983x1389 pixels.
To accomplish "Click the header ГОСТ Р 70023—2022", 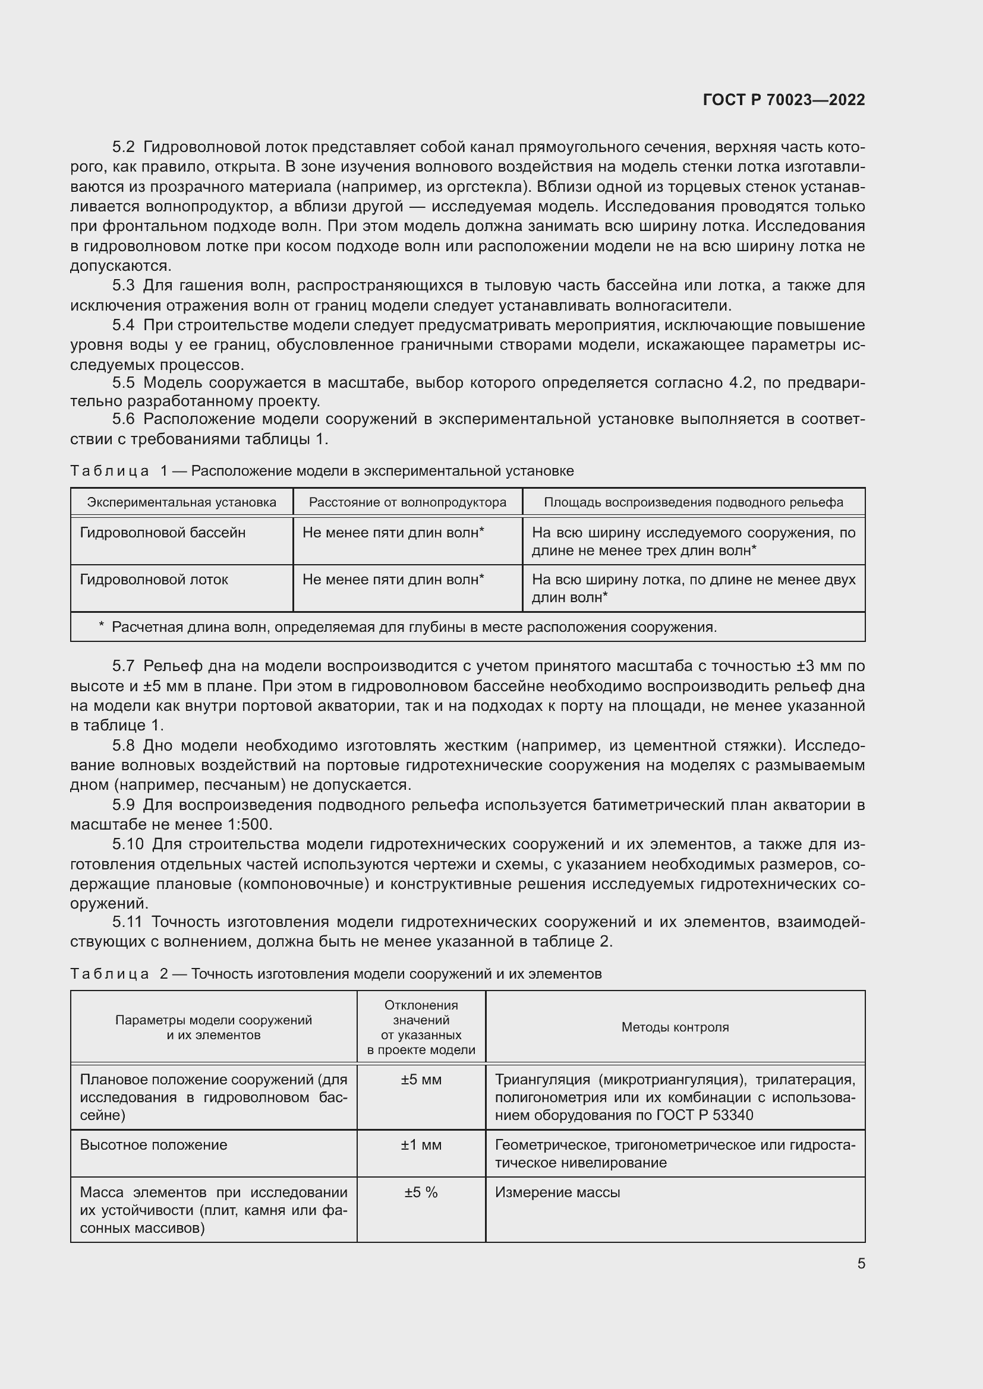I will [784, 100].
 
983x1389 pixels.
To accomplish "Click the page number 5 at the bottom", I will [861, 1263].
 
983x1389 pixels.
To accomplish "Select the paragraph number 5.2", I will [124, 148].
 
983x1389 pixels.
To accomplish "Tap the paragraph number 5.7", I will [124, 666].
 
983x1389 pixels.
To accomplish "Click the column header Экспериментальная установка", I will [182, 502].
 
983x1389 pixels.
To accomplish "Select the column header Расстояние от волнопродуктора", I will [407, 502].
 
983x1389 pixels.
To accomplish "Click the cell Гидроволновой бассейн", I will [163, 533].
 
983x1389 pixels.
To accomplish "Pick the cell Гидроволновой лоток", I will [155, 580].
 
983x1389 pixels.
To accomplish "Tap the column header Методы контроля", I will [675, 1027].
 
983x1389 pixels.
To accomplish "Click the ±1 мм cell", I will [421, 1144].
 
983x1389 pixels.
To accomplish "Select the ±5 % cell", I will [421, 1192].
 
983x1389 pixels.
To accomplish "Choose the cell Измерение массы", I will [557, 1192].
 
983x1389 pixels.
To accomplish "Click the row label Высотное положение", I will [154, 1144].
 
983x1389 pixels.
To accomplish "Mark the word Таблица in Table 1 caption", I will [109, 471].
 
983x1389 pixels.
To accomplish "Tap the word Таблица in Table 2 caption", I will [109, 973].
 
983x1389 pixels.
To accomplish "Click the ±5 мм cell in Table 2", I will [421, 1079].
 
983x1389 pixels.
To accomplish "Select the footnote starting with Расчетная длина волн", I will [414, 627].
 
